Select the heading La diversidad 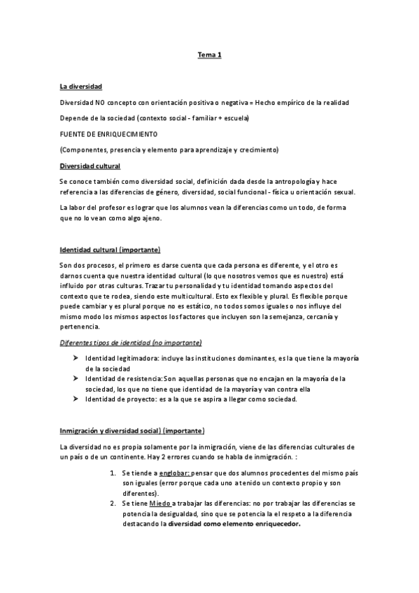pyautogui.click(x=81, y=87)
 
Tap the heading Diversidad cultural pyautogui.click(x=90, y=166)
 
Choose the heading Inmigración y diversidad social pyautogui.click(x=132, y=430)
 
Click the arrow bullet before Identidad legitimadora pyautogui.click(x=74, y=358)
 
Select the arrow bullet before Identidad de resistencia pyautogui.click(x=74, y=378)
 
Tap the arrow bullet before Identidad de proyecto pyautogui.click(x=74, y=399)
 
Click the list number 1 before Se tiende pyautogui.click(x=113, y=473)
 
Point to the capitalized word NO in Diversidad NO pyautogui.click(x=96, y=103)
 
